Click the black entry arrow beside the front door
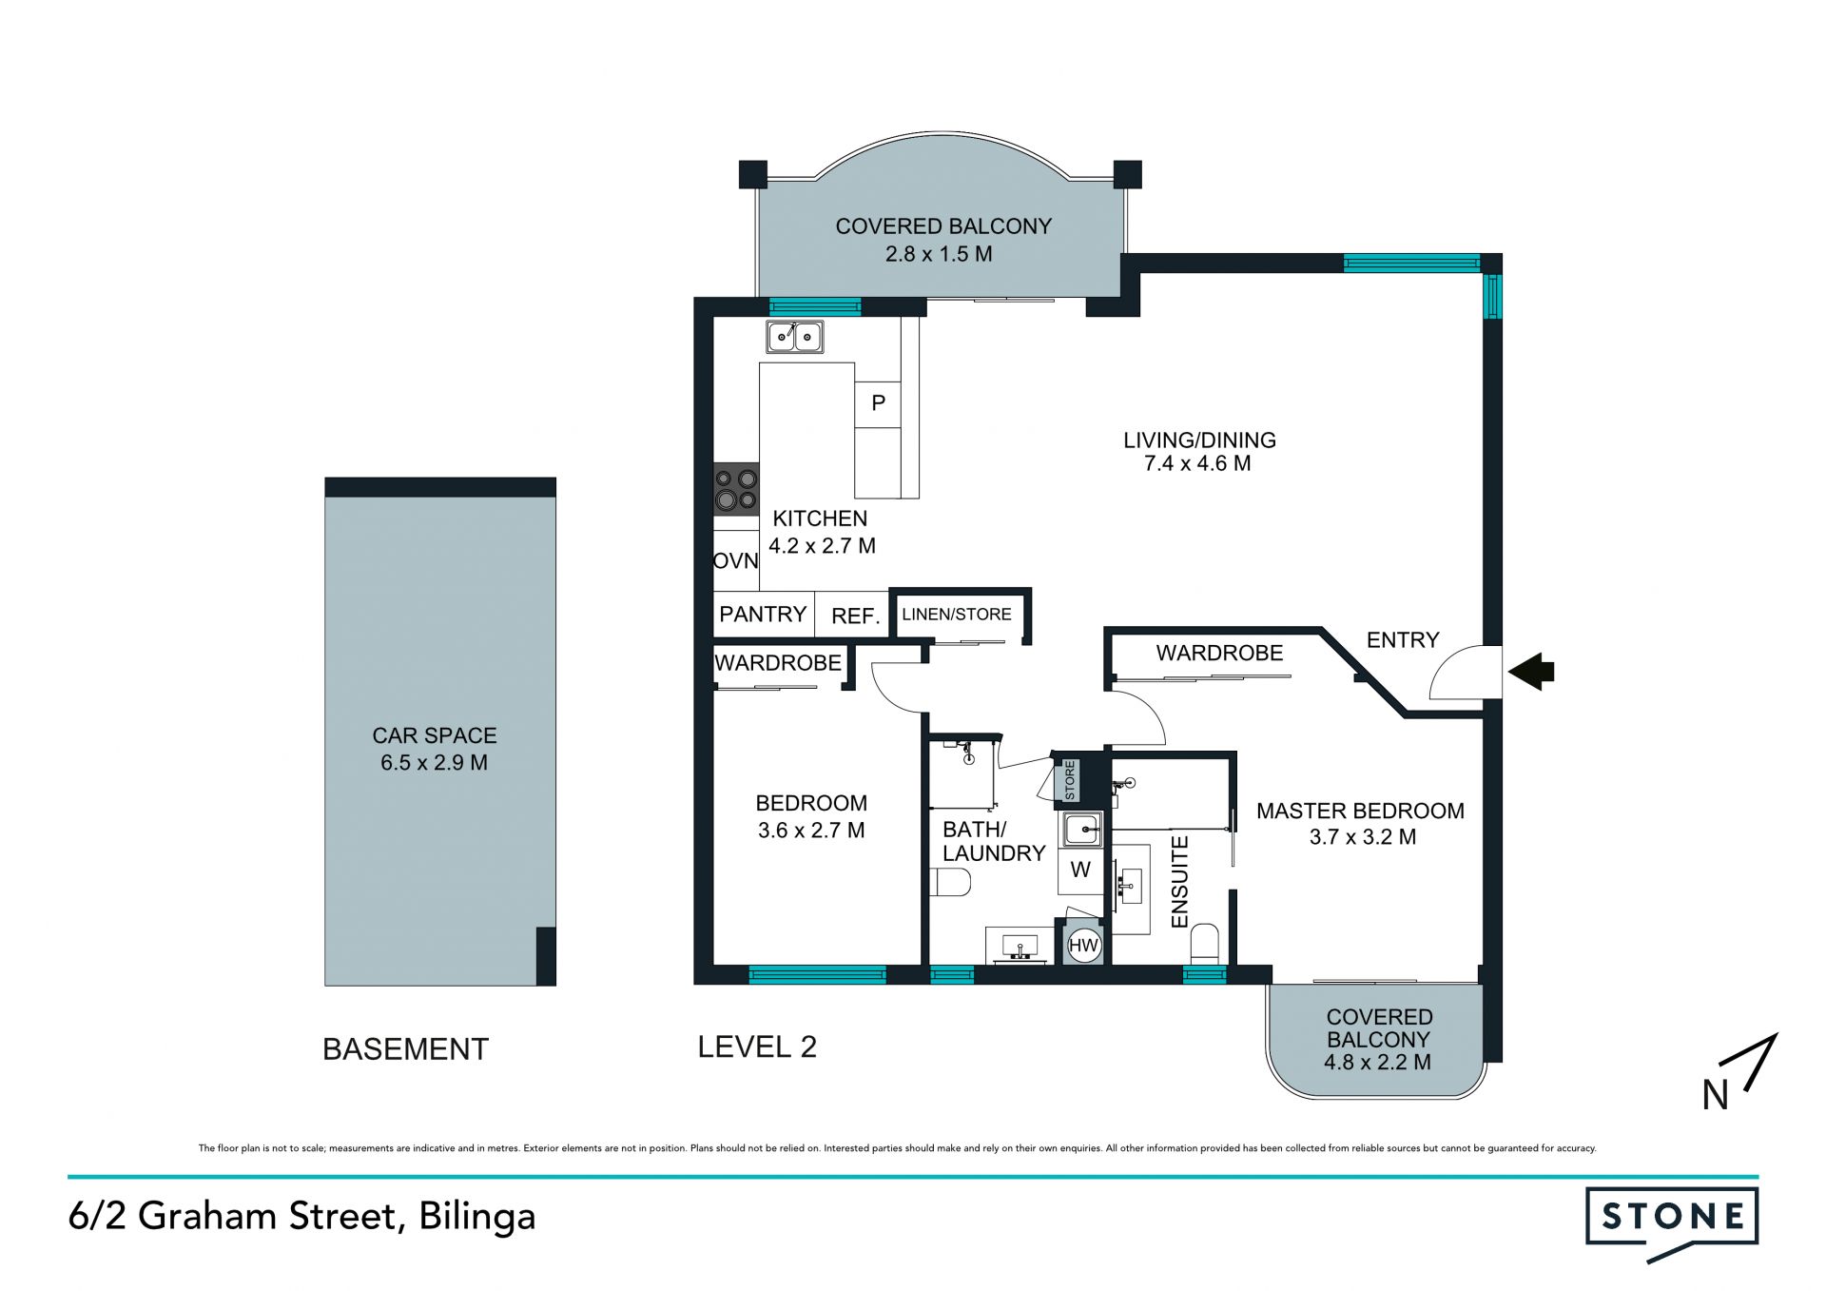(x=1530, y=671)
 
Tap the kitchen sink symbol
(x=795, y=337)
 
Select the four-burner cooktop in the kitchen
(x=737, y=489)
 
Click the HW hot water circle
(x=1083, y=945)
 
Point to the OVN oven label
(x=736, y=561)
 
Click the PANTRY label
(x=763, y=615)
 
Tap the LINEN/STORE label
(x=957, y=615)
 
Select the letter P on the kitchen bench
(x=879, y=402)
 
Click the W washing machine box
(x=1080, y=870)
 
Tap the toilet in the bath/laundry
(x=950, y=882)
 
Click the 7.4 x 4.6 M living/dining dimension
(x=1197, y=464)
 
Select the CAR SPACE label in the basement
(x=435, y=735)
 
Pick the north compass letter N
(x=1715, y=1095)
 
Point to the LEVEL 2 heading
(x=757, y=1047)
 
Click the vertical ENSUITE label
(x=1179, y=882)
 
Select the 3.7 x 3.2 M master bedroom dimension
(x=1363, y=837)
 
